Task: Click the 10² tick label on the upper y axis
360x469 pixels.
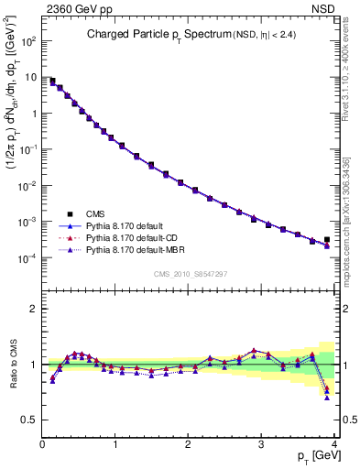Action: [x=28, y=42]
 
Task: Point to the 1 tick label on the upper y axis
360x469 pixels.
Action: [x=33, y=114]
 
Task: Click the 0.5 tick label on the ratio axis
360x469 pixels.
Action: [x=29, y=419]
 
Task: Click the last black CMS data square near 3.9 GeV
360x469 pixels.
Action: [x=327, y=240]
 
